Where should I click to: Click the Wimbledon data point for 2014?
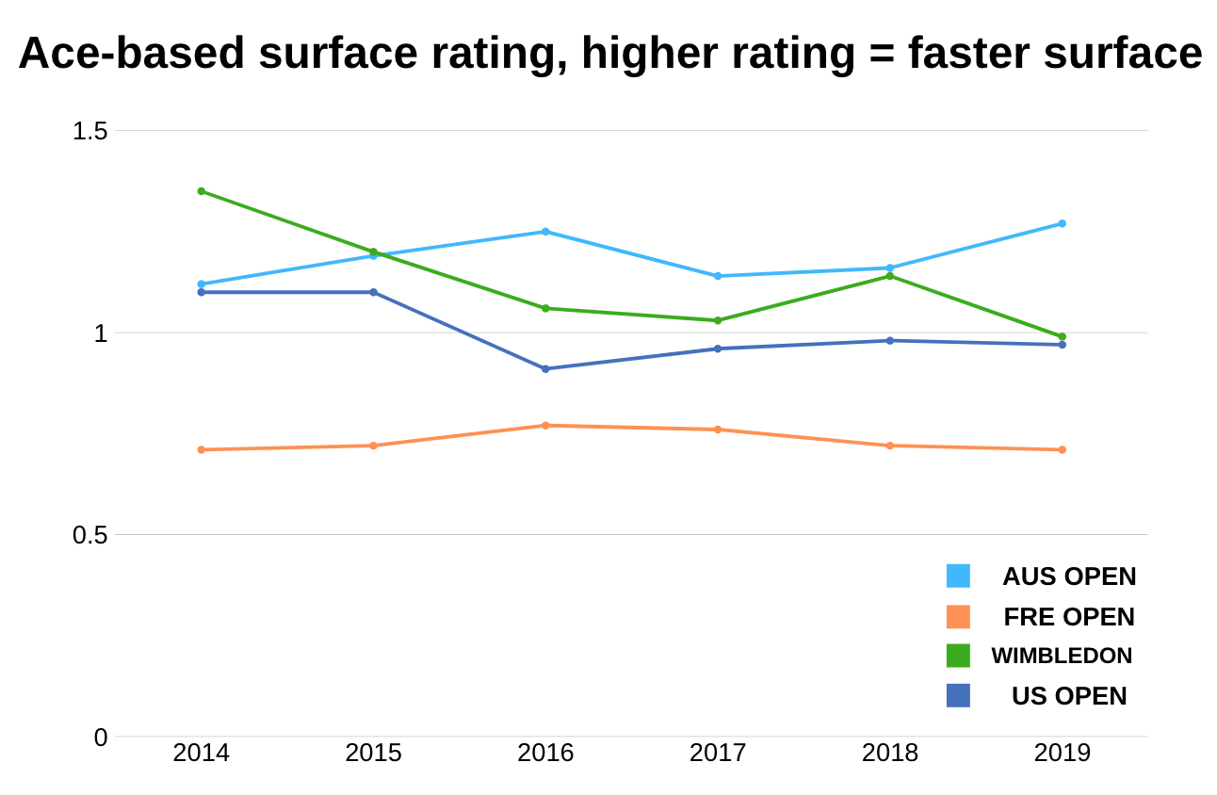pyautogui.click(x=202, y=191)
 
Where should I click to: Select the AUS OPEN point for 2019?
pyautogui.click(x=1062, y=223)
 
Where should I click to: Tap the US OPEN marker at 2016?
pyautogui.click(x=545, y=368)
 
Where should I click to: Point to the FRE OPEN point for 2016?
pyautogui.click(x=545, y=426)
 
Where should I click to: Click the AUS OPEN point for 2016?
pyautogui.click(x=545, y=232)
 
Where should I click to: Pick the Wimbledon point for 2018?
pyautogui.click(x=889, y=276)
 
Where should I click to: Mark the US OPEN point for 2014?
pyautogui.click(x=202, y=292)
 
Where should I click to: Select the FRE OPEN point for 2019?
pyautogui.click(x=1062, y=449)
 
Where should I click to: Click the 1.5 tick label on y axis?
pyautogui.click(x=90, y=131)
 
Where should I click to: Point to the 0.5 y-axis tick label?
pyautogui.click(x=90, y=535)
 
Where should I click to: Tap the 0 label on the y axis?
pyautogui.click(x=101, y=738)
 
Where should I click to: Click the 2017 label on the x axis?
pyautogui.click(x=718, y=754)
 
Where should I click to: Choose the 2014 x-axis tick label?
pyautogui.click(x=202, y=754)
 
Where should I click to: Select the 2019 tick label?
pyautogui.click(x=1062, y=754)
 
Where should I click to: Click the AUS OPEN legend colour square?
pyautogui.click(x=958, y=576)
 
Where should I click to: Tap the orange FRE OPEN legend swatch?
pyautogui.click(x=958, y=617)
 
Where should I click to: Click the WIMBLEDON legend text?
pyautogui.click(x=1062, y=656)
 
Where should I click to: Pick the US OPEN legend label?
pyautogui.click(x=1069, y=696)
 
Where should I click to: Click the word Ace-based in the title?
pyautogui.click(x=132, y=54)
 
